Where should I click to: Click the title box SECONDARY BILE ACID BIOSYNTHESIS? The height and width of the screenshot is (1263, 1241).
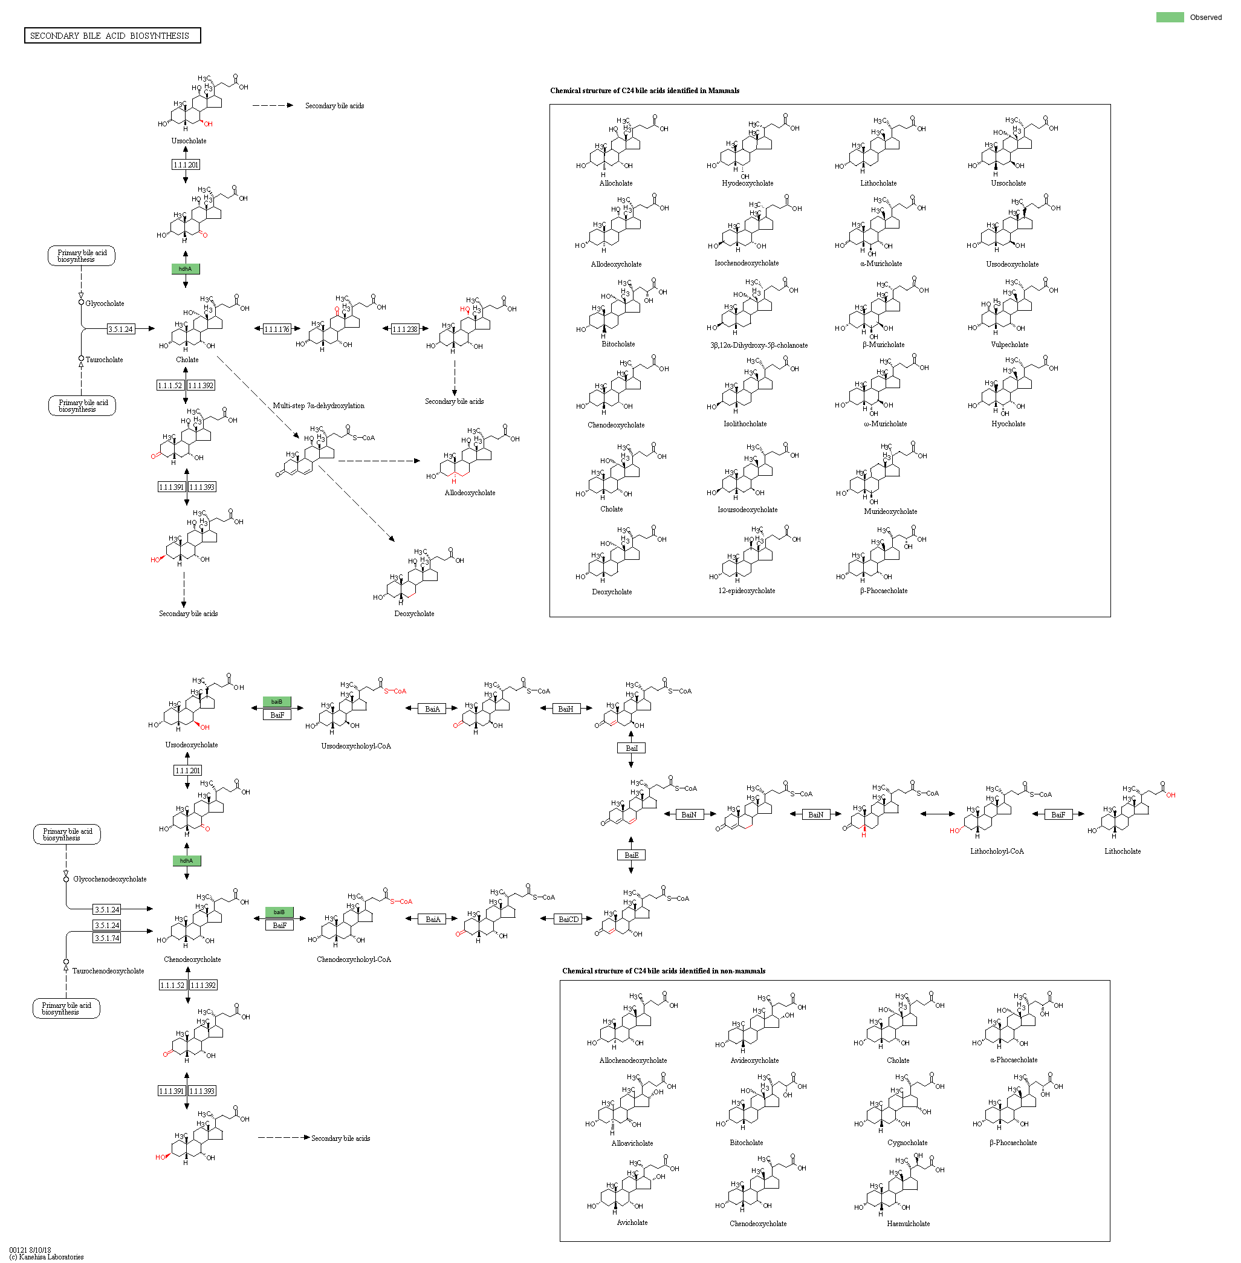click(112, 36)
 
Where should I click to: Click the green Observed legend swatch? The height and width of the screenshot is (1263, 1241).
click(1169, 18)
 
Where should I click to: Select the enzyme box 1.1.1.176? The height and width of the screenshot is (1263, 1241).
click(277, 330)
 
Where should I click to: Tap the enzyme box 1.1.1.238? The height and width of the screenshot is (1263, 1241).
click(405, 330)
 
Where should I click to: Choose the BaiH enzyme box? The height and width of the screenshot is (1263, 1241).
click(566, 709)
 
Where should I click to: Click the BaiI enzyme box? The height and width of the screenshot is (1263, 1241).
click(631, 748)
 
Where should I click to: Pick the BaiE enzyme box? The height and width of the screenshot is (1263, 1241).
click(631, 855)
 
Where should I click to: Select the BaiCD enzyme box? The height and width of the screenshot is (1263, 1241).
click(568, 920)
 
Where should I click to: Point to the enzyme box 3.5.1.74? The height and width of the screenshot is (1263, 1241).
click(107, 938)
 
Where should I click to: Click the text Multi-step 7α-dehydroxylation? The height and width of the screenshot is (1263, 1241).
click(318, 406)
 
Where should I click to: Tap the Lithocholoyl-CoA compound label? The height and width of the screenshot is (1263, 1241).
click(997, 851)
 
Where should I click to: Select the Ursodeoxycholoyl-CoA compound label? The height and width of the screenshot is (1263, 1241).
click(356, 746)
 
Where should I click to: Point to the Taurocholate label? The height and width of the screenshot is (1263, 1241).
click(105, 360)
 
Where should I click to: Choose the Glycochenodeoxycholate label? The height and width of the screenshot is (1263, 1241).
click(109, 879)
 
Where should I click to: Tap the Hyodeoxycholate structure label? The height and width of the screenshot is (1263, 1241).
click(747, 183)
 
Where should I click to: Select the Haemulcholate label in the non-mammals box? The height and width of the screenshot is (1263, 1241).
click(908, 1223)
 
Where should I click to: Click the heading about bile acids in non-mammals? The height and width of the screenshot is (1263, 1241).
click(664, 971)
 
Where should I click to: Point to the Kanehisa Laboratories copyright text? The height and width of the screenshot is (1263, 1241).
click(47, 1256)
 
